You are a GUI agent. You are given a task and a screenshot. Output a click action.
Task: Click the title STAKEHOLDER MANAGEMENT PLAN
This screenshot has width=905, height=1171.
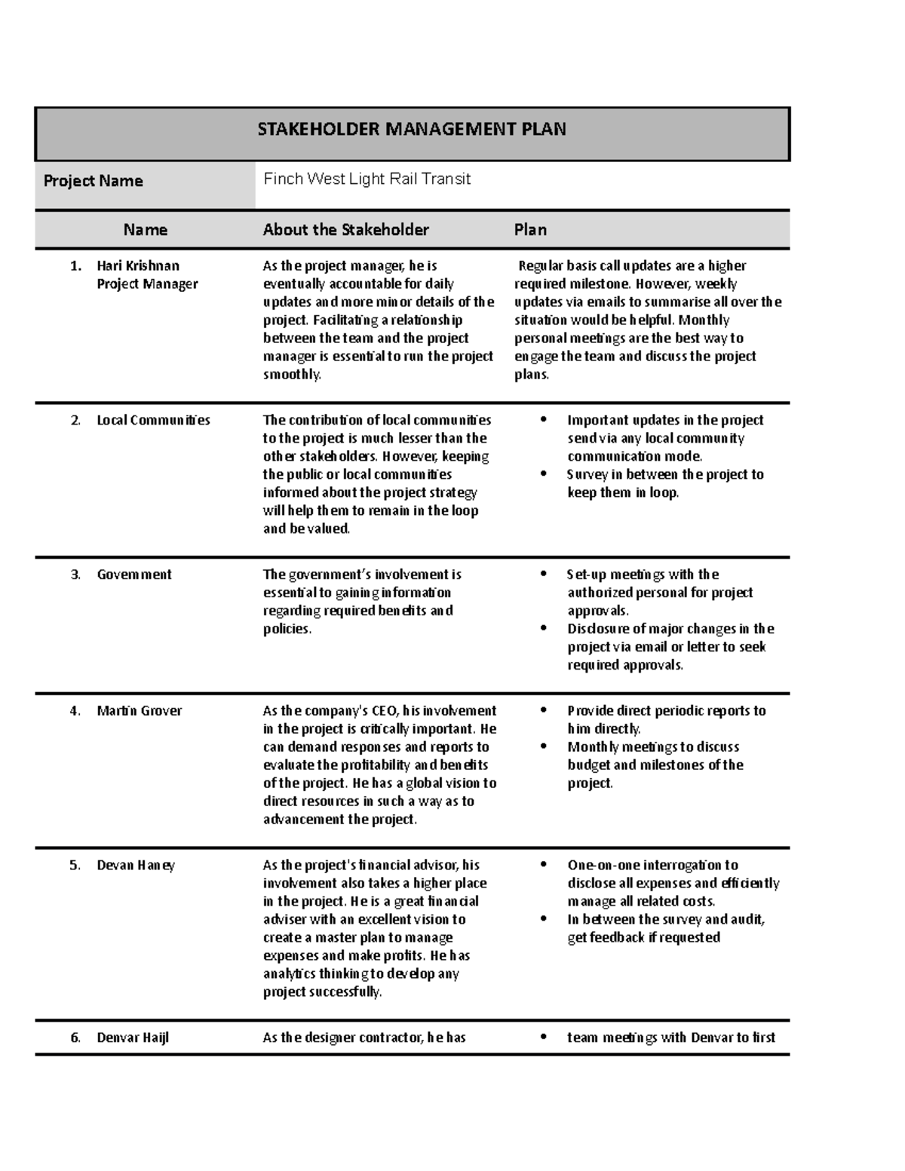(411, 129)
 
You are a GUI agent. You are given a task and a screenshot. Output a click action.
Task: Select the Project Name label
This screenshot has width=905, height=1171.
(93, 181)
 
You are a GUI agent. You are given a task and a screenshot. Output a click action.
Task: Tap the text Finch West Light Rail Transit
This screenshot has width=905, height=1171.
(367, 179)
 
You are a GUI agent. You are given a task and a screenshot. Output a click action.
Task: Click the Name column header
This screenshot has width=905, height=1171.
(146, 230)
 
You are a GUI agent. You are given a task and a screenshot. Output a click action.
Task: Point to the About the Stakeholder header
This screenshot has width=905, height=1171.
(345, 230)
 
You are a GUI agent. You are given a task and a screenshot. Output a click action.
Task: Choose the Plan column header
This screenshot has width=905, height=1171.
(530, 230)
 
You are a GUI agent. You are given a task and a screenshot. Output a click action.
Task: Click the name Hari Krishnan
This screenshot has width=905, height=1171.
(138, 265)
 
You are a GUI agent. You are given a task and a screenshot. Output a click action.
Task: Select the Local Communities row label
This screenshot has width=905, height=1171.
(153, 420)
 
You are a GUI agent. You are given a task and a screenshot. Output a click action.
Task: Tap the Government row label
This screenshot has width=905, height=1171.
(134, 575)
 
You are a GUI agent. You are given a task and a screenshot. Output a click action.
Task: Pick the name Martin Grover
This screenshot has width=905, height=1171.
(139, 710)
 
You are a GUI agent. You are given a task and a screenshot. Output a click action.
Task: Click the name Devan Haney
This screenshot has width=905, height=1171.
(136, 865)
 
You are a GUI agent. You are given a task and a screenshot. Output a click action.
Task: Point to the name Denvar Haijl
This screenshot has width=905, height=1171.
(133, 1038)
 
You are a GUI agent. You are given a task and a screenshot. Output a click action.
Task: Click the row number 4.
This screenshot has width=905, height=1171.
(75, 710)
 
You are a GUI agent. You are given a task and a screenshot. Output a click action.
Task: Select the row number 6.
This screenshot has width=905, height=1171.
(75, 1038)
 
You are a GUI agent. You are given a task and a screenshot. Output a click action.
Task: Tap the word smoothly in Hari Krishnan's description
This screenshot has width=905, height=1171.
(291, 375)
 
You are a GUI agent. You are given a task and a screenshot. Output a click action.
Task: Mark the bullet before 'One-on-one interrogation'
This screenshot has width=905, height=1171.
(542, 865)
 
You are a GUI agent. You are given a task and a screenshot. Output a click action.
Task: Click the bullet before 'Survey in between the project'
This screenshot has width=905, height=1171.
(542, 474)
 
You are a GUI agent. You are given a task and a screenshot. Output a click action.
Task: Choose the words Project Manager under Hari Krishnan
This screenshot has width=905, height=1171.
(147, 284)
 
